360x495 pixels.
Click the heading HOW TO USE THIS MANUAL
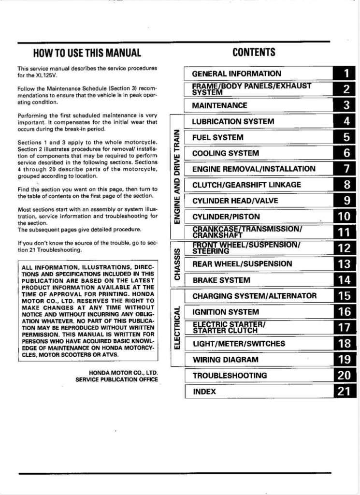click(87, 53)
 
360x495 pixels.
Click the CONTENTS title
click(254, 52)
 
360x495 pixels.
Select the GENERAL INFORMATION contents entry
click(236, 74)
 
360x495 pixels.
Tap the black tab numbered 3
click(345, 105)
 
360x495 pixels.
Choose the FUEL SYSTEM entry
click(217, 137)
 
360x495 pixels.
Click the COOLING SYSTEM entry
click(225, 153)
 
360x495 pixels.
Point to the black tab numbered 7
click(345, 169)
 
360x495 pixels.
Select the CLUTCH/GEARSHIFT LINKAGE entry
click(246, 185)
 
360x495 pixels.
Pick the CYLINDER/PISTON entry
click(226, 217)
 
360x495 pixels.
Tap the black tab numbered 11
click(345, 233)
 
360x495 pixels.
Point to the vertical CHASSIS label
click(177, 264)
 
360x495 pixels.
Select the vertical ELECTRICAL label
click(177, 327)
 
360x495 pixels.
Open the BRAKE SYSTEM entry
click(221, 280)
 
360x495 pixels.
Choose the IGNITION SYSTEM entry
click(226, 312)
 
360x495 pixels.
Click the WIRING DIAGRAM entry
click(225, 360)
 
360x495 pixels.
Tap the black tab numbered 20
click(345, 376)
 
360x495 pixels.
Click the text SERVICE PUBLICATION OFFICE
click(116, 379)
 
